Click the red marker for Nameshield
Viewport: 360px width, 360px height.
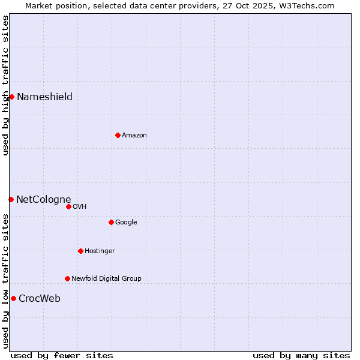pyautogui.click(x=11, y=97)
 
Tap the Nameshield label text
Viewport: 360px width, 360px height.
pyautogui.click(x=44, y=97)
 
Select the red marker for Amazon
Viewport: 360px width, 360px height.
pyautogui.click(x=118, y=135)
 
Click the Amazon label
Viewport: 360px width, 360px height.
pyautogui.click(x=134, y=136)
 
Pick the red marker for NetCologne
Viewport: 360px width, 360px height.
pyautogui.click(x=11, y=199)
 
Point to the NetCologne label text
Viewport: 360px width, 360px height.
pyautogui.click(x=43, y=200)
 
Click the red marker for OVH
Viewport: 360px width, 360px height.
pyautogui.click(x=68, y=206)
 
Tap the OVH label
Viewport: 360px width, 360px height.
pyautogui.click(x=80, y=207)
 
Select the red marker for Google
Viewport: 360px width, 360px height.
pyautogui.click(x=111, y=222)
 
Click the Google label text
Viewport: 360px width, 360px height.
pyautogui.click(x=126, y=223)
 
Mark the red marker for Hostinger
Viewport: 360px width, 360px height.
pyautogui.click(x=80, y=251)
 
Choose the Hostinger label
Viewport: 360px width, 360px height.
pyautogui.click(x=100, y=251)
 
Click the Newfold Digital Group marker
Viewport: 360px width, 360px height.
pyautogui.click(x=67, y=278)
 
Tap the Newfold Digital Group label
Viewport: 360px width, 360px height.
pyautogui.click(x=106, y=279)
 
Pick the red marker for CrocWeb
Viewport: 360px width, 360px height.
pyautogui.click(x=13, y=298)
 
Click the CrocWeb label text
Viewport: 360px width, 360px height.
pyautogui.click(x=40, y=299)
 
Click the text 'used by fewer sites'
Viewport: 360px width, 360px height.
pyautogui.click(x=62, y=355)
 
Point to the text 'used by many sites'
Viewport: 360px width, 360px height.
pyautogui.click(x=301, y=355)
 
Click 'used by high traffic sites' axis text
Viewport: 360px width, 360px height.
pyautogui.click(x=5, y=85)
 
